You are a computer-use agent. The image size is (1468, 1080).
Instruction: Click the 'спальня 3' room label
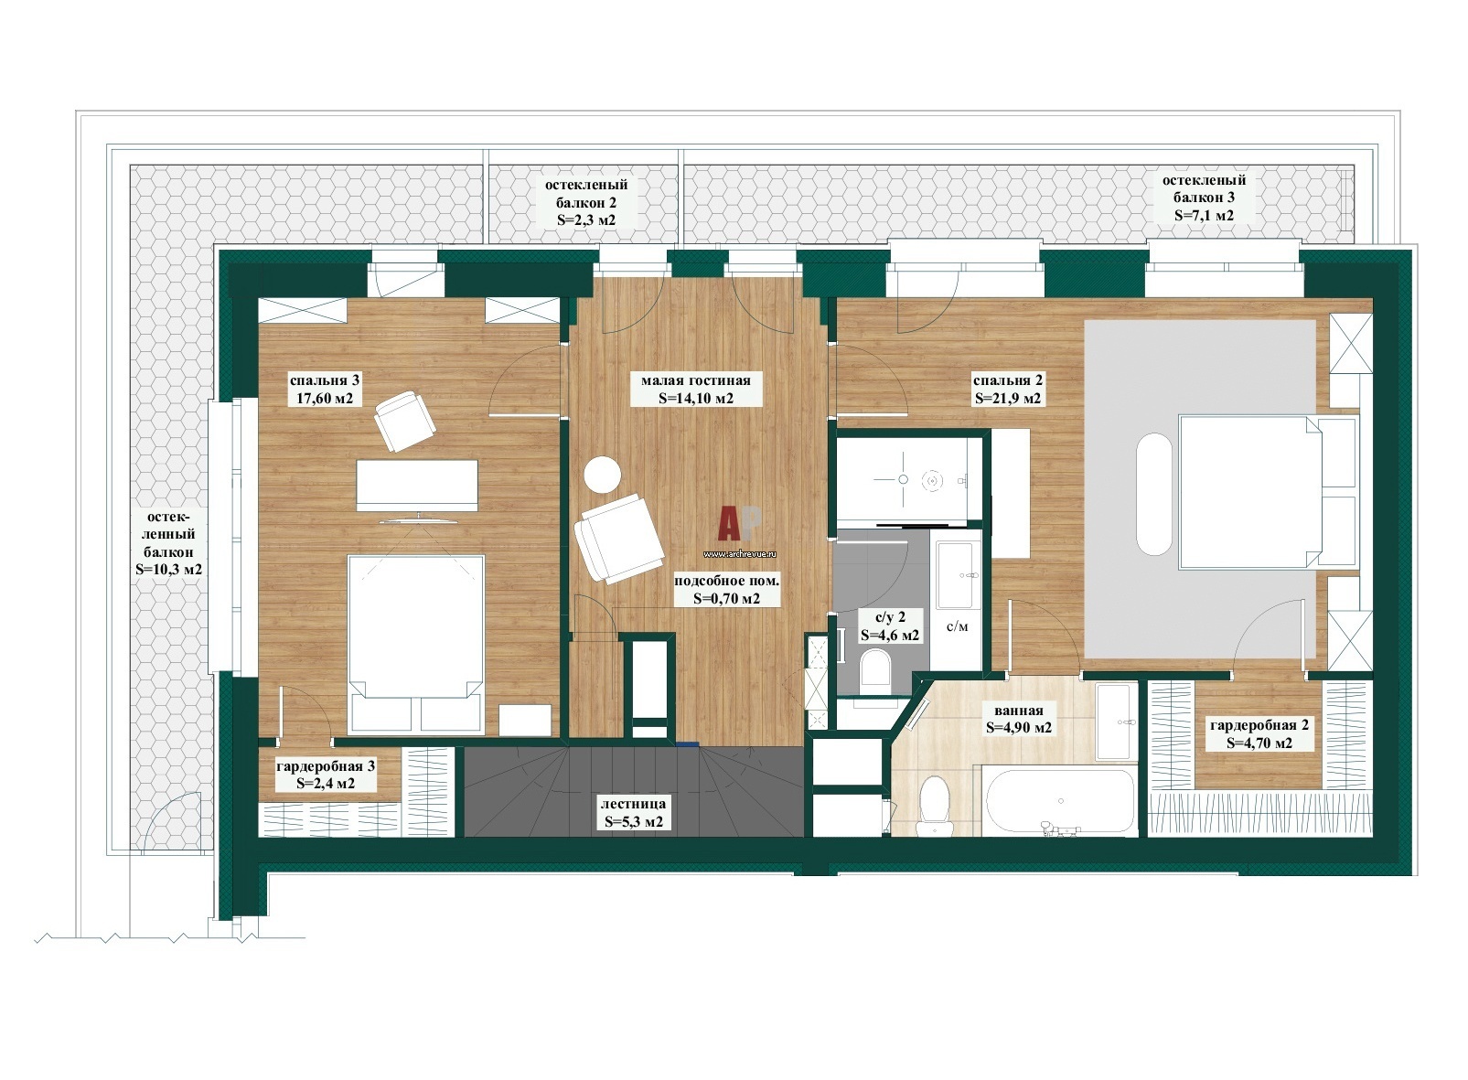click(325, 380)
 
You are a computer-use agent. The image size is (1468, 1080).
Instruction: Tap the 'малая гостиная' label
click(695, 380)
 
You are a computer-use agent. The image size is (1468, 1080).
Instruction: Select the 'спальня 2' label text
click(1007, 380)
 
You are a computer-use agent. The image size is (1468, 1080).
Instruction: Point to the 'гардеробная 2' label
click(1259, 725)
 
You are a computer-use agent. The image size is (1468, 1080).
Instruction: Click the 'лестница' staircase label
click(633, 804)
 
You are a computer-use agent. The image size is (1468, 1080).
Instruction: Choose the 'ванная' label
click(1018, 711)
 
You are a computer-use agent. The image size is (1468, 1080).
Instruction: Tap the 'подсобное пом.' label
click(727, 581)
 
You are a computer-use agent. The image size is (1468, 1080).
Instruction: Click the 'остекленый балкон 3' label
click(1204, 188)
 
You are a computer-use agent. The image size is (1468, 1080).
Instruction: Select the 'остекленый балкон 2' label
click(586, 194)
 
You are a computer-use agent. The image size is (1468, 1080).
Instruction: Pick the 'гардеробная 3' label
click(326, 766)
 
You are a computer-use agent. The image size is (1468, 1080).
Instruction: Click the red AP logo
click(739, 524)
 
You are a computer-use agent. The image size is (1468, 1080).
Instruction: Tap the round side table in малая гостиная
click(602, 475)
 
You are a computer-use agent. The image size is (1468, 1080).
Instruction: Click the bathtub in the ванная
click(1060, 801)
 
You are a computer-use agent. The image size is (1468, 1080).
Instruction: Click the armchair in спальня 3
click(405, 421)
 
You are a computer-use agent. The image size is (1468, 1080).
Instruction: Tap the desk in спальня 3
click(417, 485)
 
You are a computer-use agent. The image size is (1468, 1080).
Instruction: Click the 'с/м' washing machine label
click(958, 626)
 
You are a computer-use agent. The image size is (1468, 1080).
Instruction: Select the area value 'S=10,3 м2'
click(168, 570)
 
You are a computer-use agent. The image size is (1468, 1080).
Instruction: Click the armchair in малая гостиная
click(618, 539)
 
